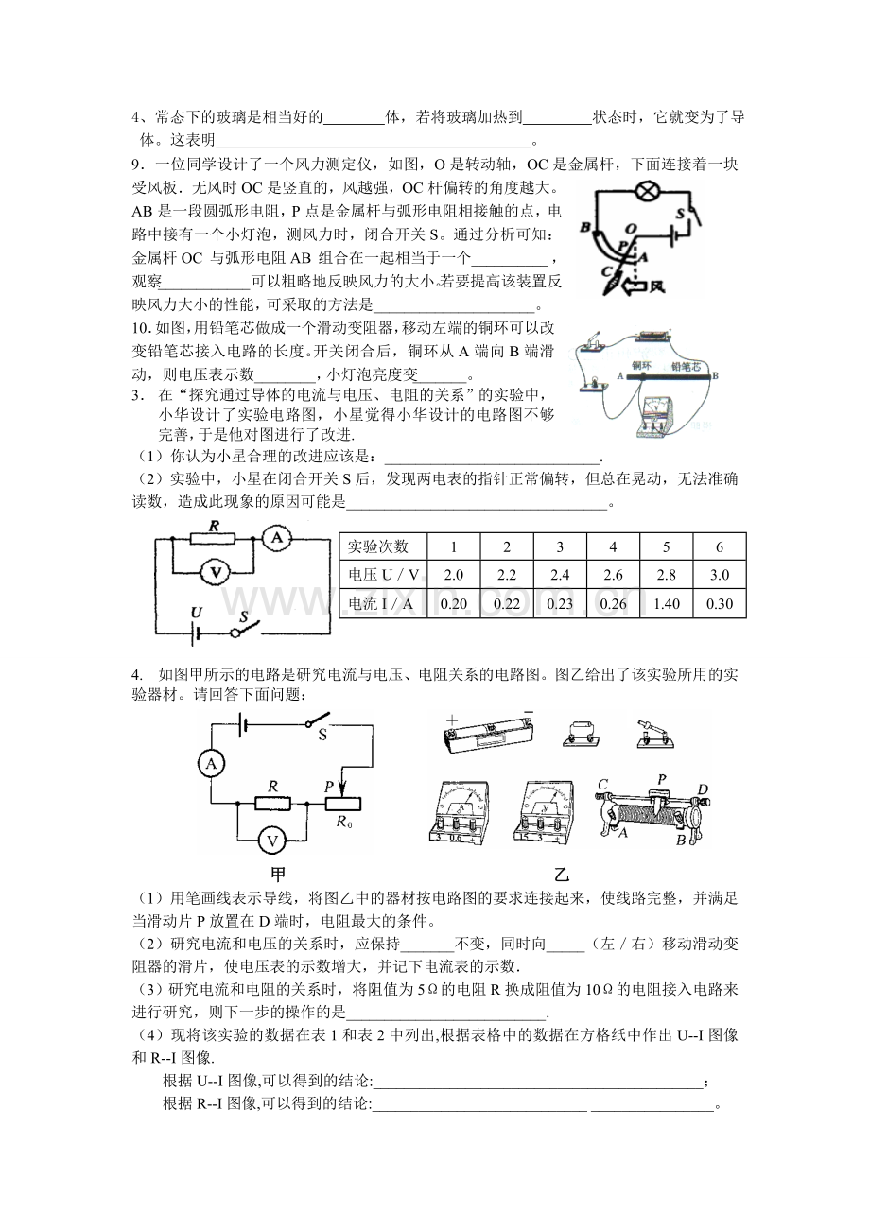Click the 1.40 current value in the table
(x=666, y=604)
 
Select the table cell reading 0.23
(x=560, y=604)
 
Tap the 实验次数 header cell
(x=378, y=546)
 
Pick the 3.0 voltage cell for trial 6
(x=720, y=575)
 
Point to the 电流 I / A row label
(x=380, y=604)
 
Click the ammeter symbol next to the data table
(x=276, y=538)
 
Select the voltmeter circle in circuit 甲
(x=271, y=841)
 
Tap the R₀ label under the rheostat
(x=344, y=823)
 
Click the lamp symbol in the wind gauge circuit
(x=648, y=191)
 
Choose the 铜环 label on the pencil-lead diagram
(x=641, y=365)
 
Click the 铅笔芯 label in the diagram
(x=686, y=366)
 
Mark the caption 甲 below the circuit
(x=279, y=874)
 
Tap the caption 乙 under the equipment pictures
(x=561, y=874)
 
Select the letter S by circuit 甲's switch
(x=322, y=735)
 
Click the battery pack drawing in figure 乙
(x=488, y=736)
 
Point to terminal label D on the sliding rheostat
(x=703, y=789)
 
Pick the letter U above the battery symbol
(x=196, y=613)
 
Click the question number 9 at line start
(x=136, y=165)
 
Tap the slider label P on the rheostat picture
(x=662, y=779)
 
